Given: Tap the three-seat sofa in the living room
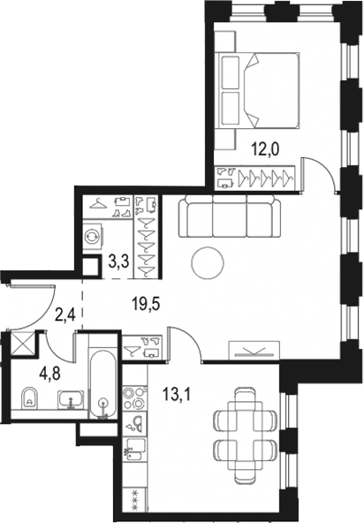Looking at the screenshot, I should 229,217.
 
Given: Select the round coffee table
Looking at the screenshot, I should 209,261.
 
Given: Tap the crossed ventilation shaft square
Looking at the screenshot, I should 19,342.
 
